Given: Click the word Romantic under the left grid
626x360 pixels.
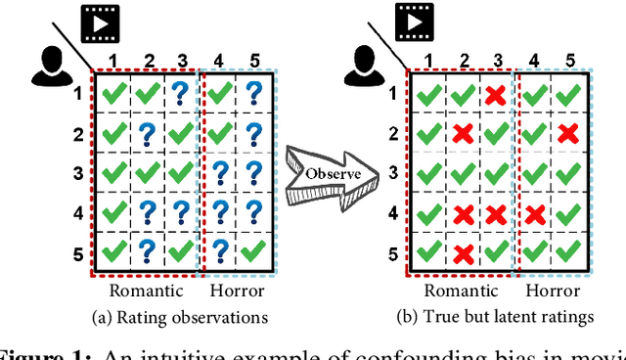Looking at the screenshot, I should (146, 290).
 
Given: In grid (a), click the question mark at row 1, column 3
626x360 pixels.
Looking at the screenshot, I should (181, 95).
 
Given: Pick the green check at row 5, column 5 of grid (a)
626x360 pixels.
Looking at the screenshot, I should (253, 251).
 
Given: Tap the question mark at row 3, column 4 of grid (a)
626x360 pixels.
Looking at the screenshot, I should (220, 173).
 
